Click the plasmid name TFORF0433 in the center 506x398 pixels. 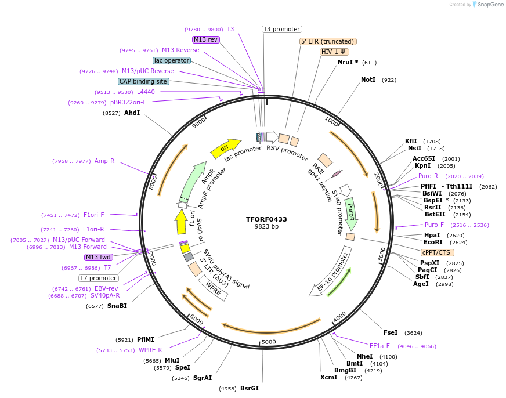pos(266,219)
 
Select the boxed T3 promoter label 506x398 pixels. pos(281,29)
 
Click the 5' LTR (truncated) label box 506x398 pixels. pos(327,41)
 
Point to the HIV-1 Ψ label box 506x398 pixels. pos(334,52)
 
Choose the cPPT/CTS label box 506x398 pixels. pos(438,252)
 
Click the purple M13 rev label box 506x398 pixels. pos(206,39)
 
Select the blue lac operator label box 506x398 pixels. pos(172,60)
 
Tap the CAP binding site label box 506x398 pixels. pos(143,82)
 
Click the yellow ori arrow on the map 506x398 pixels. pos(225,148)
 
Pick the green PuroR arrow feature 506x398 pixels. pos(350,212)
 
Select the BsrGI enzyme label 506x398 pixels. pos(249,388)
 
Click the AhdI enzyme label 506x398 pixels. pos(132,113)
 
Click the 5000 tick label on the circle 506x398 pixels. pos(268,342)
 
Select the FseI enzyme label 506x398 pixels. pos(391,332)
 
